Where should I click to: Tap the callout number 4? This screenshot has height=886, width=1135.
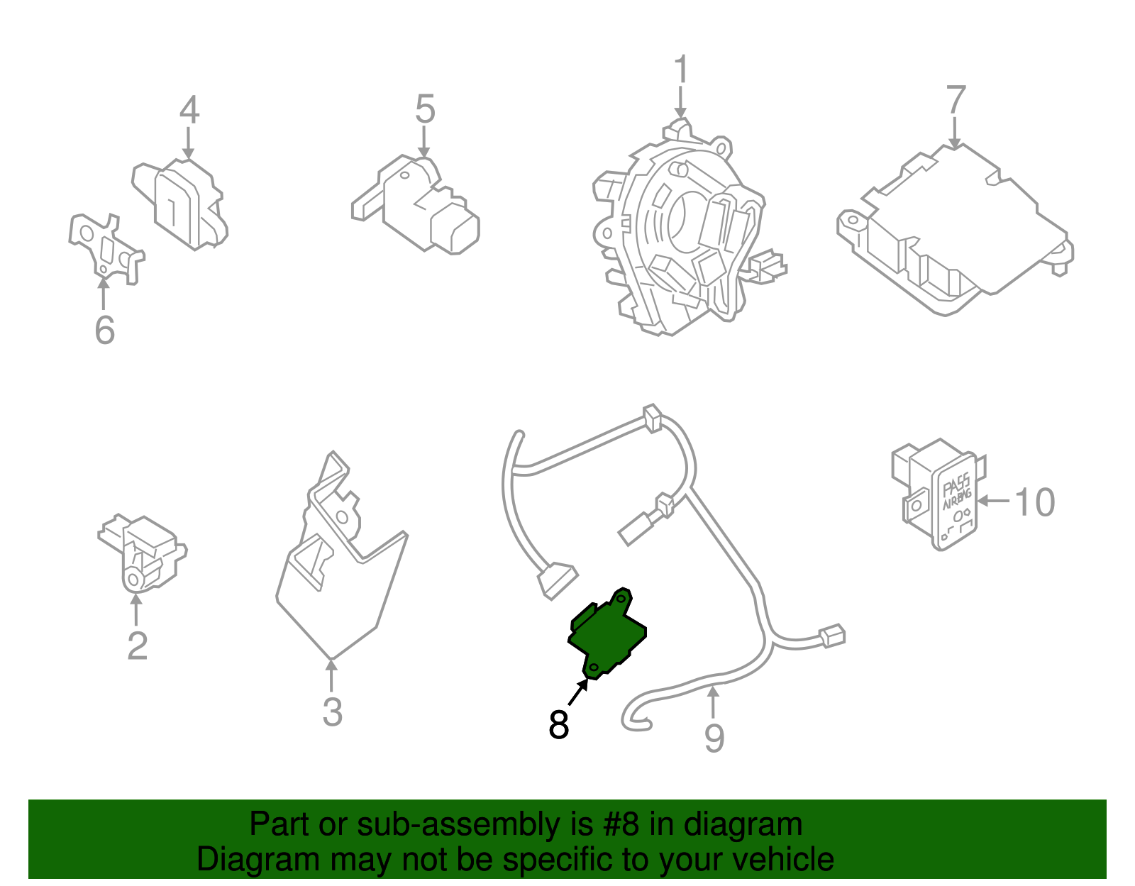point(189,110)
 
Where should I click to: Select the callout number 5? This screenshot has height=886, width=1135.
point(424,110)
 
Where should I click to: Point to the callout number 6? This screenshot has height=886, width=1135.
point(104,330)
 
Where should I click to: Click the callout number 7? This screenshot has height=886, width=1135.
point(956,100)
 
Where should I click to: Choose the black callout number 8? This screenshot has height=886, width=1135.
point(559,725)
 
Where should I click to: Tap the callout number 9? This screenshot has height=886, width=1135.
point(714,738)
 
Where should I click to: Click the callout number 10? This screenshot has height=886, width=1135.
point(1035,502)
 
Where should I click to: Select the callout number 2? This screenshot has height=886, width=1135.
point(137,646)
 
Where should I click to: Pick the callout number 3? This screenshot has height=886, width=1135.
point(332,711)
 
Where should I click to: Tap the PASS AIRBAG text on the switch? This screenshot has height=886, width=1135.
point(957,492)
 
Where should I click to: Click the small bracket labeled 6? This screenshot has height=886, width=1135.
point(105,245)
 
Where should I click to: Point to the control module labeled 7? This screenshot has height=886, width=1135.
point(954,227)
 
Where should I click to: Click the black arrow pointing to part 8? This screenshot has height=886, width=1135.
point(577,692)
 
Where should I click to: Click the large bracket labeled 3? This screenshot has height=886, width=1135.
point(340,567)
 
